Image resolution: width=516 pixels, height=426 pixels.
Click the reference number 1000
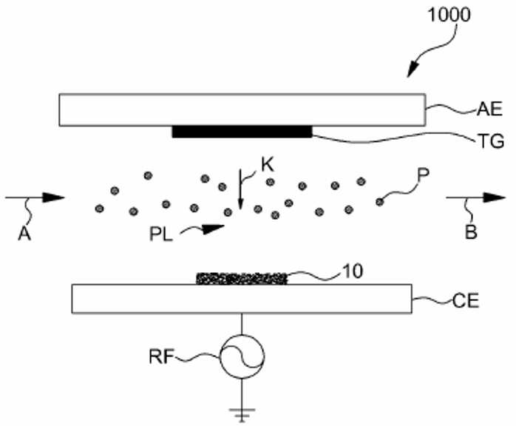[x=449, y=15]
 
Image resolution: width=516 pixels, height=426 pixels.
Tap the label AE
[x=489, y=109]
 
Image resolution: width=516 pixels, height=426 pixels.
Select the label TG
[x=491, y=141]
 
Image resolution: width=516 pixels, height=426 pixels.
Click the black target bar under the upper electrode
[x=242, y=132]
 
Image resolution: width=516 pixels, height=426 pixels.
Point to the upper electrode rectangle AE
[x=242, y=110]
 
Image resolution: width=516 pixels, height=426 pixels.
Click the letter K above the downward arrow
[x=268, y=165]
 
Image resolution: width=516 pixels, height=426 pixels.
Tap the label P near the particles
[x=423, y=175]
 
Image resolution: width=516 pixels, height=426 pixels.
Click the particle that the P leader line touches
[x=379, y=201]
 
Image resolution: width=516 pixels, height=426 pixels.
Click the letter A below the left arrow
[x=24, y=234]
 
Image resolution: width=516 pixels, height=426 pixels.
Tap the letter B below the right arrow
[x=471, y=231]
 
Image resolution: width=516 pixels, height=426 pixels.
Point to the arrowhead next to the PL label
[x=212, y=229]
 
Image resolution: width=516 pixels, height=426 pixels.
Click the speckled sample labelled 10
[x=242, y=279]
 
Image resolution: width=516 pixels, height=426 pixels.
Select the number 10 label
[x=353, y=271]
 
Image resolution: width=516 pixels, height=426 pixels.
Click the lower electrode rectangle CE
[x=242, y=299]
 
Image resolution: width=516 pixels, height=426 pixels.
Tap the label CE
[x=466, y=301]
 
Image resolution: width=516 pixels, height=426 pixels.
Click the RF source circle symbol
[x=242, y=356]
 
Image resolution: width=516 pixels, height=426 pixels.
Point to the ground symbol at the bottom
[x=242, y=415]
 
